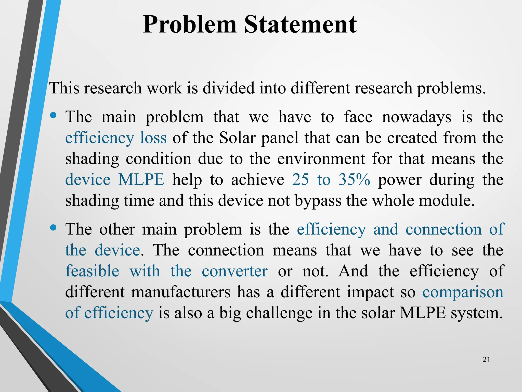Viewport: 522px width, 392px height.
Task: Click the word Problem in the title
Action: click(190, 25)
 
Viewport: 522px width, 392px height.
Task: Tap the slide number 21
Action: click(486, 360)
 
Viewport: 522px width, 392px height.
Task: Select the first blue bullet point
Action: click(53, 116)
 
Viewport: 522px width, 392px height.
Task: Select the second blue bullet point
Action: click(53, 227)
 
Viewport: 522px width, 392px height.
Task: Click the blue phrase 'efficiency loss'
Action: click(116, 138)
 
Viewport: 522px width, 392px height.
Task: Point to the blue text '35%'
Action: click(354, 179)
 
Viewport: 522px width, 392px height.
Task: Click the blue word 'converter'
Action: click(234, 271)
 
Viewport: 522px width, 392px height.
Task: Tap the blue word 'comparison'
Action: click(463, 292)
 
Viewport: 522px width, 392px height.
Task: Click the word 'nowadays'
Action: click(416, 117)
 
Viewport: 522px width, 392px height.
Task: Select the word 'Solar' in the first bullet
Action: click(237, 138)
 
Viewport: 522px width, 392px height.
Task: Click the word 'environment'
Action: click(321, 159)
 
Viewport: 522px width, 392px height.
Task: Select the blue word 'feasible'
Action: click(92, 271)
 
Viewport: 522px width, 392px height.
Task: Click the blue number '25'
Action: click(301, 179)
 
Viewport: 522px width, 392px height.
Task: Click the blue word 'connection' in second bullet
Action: click(443, 229)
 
